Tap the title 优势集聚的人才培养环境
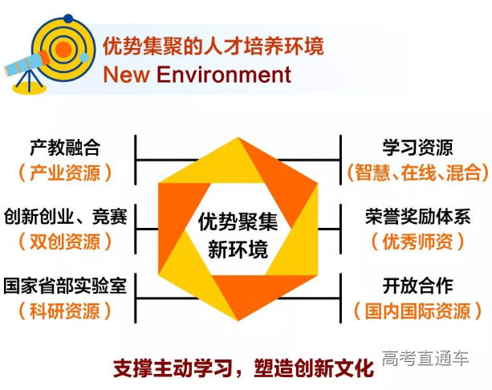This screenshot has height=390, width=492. (x=213, y=46)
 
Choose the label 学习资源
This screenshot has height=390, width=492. (x=417, y=148)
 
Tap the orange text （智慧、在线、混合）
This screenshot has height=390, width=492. (x=417, y=172)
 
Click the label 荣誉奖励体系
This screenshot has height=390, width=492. (x=417, y=217)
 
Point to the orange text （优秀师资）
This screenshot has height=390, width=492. (x=417, y=241)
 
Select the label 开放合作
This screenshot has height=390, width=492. (x=417, y=286)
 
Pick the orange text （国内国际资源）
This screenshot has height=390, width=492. (x=417, y=310)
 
